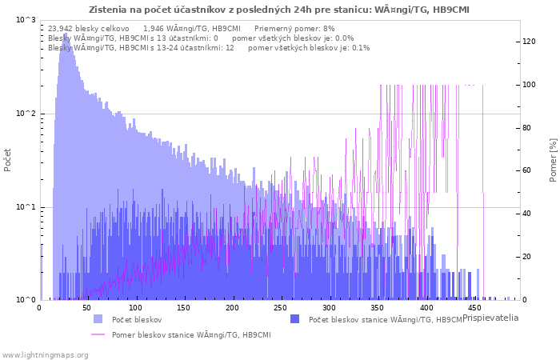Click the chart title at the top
(x=279, y=10)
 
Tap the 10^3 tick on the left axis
(x=26, y=20)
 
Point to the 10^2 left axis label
(x=26, y=114)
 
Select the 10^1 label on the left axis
(x=26, y=207)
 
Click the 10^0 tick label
(x=26, y=300)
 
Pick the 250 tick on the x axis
(x=280, y=308)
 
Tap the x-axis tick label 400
(x=426, y=308)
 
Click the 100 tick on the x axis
(x=135, y=308)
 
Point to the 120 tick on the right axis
(x=529, y=42)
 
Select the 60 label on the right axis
(x=526, y=170)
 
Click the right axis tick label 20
(x=526, y=257)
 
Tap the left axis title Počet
(x=7, y=160)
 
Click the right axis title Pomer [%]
(x=554, y=160)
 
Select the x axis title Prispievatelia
(x=490, y=318)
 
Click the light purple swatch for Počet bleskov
(x=98, y=319)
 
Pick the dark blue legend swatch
(x=294, y=319)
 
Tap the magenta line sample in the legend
(x=98, y=334)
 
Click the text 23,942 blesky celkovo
(x=89, y=29)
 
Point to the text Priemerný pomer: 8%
(x=294, y=29)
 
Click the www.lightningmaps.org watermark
(x=45, y=355)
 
